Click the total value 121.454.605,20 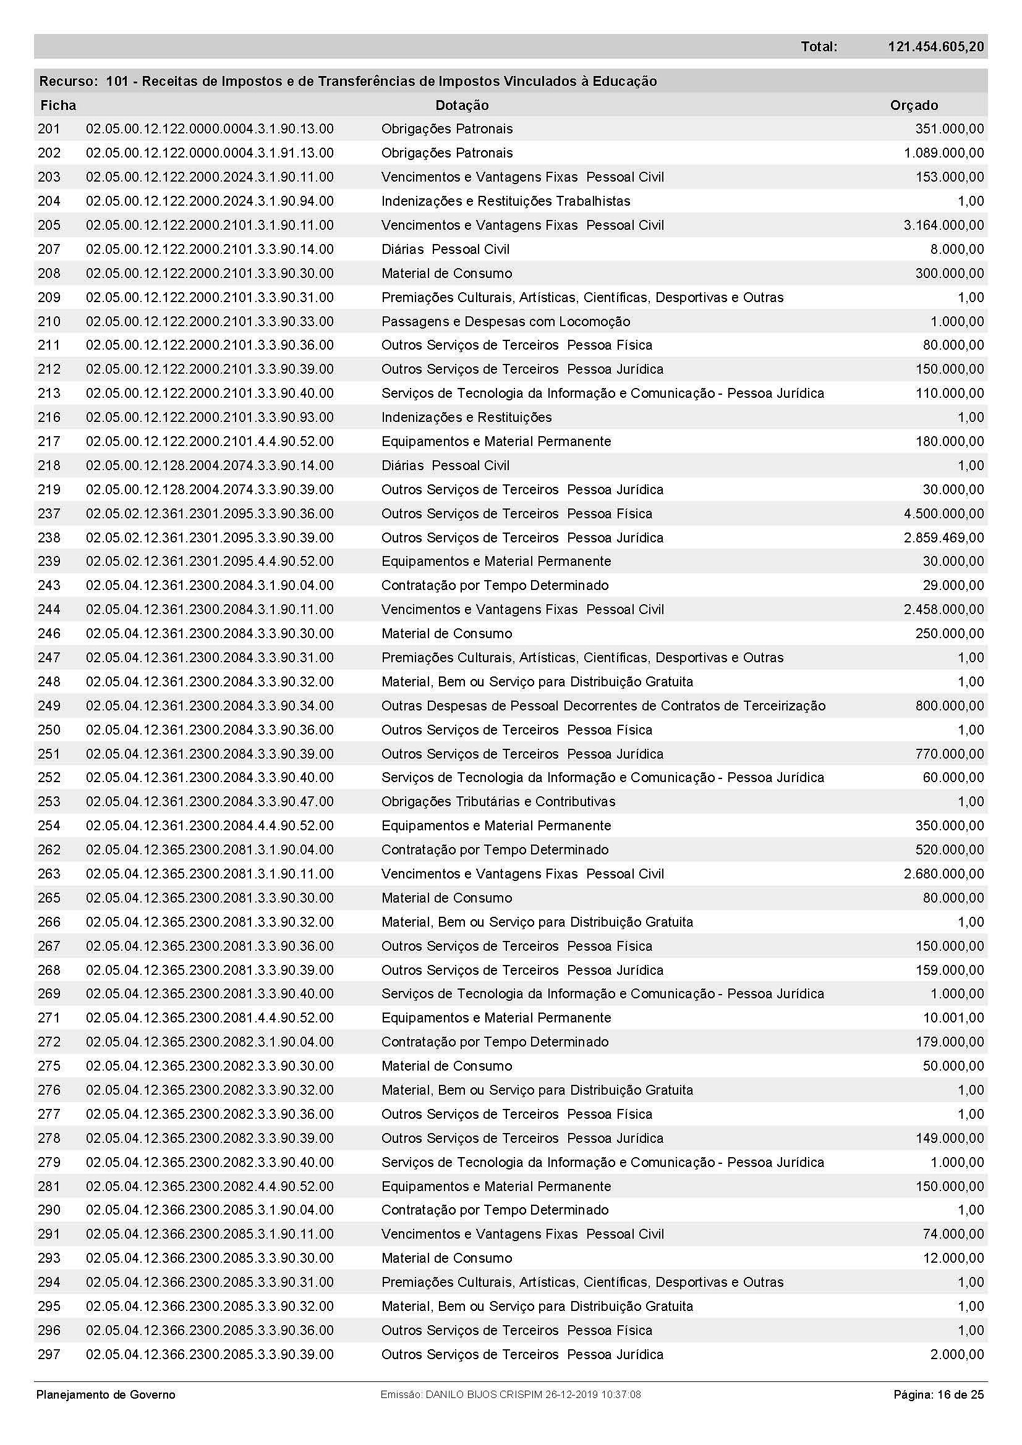[x=935, y=46]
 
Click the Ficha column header [x=58, y=105]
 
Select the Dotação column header [x=462, y=105]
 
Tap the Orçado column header [x=914, y=105]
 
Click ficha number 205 [x=49, y=225]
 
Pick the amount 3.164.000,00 [x=943, y=225]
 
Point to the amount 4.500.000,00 [x=943, y=513]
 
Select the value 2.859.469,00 [x=943, y=537]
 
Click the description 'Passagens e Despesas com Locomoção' [x=506, y=321]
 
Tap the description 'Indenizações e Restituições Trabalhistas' [x=506, y=201]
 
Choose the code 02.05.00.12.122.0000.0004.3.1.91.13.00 [x=210, y=153]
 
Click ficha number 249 [x=49, y=706]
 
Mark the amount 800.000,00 [x=949, y=706]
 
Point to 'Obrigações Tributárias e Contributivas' [x=498, y=801]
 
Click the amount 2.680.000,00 [x=943, y=874]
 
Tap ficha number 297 [x=49, y=1354]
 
